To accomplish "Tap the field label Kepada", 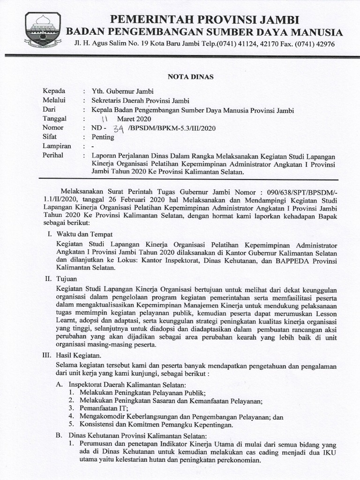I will tap(54, 91).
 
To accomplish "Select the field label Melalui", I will tap(54, 100).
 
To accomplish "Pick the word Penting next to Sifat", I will tap(103, 137).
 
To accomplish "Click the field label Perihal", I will tap(53, 156).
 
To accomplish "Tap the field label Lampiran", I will tap(56, 146).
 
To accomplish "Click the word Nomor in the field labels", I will tap(52, 128).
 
